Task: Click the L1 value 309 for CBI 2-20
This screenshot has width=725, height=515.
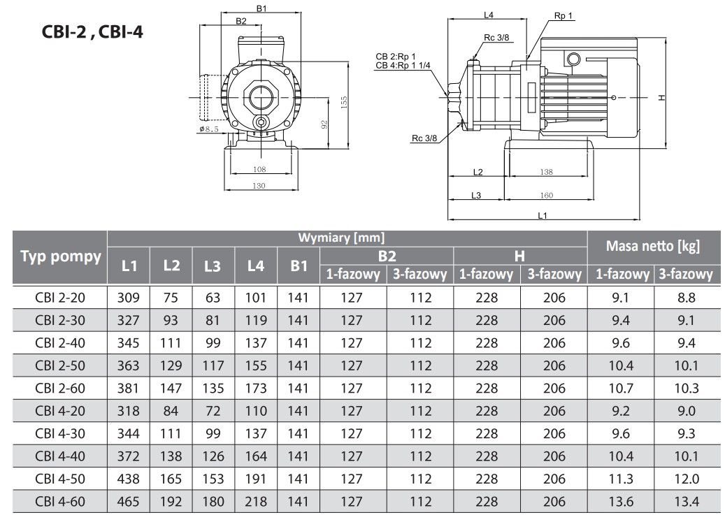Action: tap(129, 298)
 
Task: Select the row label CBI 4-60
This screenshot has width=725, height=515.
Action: tap(60, 501)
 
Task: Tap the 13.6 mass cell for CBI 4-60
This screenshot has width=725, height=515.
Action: tap(619, 501)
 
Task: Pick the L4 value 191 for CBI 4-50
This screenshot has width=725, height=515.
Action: tap(256, 479)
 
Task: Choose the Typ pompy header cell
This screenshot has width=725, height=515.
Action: tap(61, 256)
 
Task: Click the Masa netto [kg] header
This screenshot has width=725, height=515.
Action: tap(652, 245)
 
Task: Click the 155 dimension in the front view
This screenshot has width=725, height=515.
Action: tap(343, 102)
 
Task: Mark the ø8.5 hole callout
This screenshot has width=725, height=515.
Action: tap(208, 129)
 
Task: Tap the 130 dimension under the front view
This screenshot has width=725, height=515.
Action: tap(259, 185)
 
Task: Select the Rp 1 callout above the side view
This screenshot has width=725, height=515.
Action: tap(563, 15)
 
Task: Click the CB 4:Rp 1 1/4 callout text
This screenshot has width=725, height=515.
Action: tap(403, 65)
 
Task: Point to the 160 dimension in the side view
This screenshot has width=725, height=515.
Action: tap(547, 196)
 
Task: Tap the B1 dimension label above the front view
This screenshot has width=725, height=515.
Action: tap(261, 8)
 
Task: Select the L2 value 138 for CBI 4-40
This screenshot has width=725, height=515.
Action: tap(171, 456)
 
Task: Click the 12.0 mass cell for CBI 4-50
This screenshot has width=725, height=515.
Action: tap(687, 479)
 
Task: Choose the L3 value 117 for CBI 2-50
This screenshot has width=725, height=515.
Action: tap(213, 365)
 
